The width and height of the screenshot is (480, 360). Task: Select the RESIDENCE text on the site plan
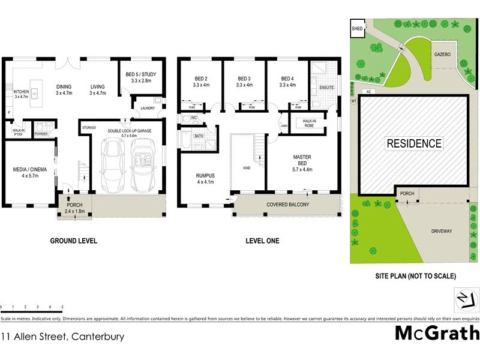(414, 144)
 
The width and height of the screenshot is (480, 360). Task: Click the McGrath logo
(437, 333)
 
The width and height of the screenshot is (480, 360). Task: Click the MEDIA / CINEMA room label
(29, 172)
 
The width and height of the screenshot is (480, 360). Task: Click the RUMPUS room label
(205, 179)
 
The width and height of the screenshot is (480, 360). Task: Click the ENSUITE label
(326, 88)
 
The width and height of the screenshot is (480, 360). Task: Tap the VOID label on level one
(246, 168)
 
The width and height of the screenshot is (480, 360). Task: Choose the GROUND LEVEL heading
(73, 241)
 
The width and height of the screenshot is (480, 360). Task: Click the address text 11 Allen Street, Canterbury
(62, 337)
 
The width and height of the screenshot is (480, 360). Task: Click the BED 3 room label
(244, 82)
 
